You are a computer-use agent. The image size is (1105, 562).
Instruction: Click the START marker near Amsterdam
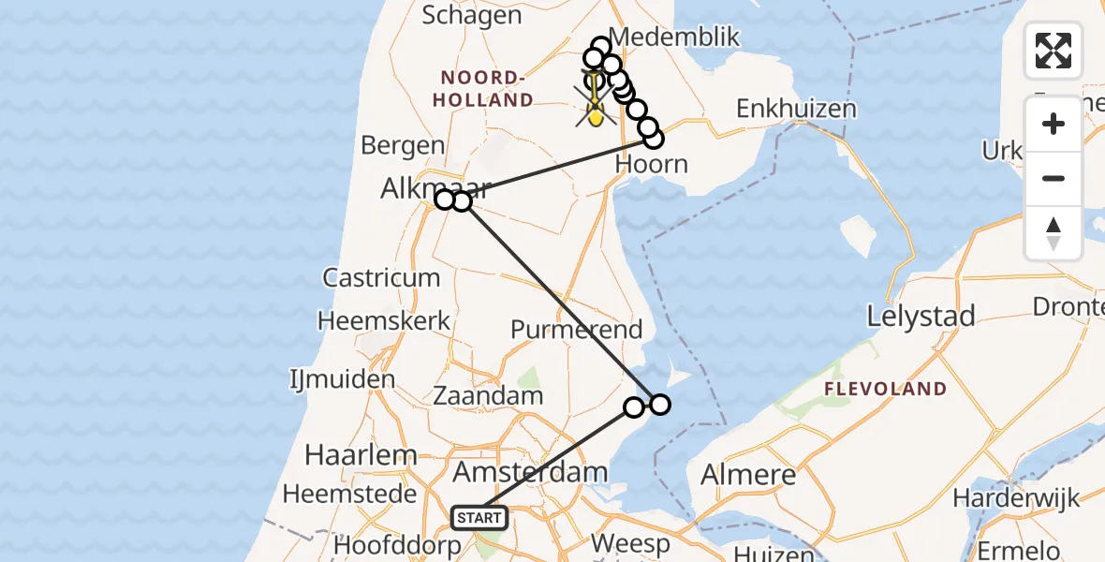479,517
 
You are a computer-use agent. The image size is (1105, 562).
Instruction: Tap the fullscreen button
1053,51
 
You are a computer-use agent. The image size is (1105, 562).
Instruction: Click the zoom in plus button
1053,124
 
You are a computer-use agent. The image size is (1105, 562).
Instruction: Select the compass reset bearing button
1053,232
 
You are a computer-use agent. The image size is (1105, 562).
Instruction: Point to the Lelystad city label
921,316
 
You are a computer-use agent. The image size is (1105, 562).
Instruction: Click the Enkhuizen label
796,109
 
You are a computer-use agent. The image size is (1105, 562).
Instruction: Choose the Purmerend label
576,330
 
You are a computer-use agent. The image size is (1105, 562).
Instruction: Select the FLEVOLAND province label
886,389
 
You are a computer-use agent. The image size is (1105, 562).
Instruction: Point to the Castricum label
381,277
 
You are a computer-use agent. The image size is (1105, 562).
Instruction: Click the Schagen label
472,15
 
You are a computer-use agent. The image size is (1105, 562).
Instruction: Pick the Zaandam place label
488,395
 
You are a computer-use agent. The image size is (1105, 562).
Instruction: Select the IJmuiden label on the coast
343,380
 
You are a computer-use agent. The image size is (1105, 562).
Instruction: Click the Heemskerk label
384,320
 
